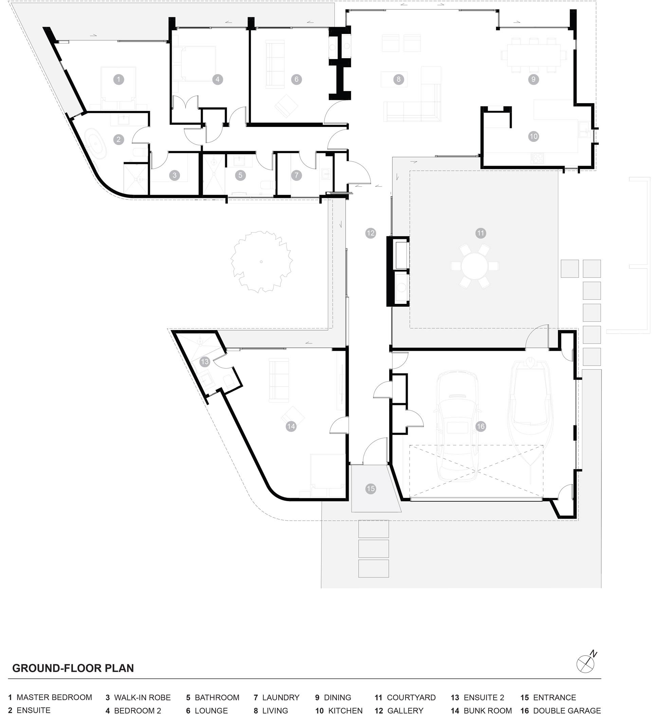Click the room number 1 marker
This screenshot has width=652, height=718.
point(119,79)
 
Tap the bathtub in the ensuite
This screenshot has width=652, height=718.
point(96,144)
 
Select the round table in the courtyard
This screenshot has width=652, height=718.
point(474,265)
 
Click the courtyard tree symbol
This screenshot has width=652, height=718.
point(261,262)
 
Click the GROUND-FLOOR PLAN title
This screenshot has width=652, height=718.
point(73,668)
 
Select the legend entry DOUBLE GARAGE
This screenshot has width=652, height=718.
point(561,711)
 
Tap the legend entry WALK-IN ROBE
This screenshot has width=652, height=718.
point(138,697)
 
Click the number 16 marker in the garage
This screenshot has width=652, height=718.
point(481,426)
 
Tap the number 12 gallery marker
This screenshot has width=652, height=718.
point(370,233)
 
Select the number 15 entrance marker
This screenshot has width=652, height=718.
point(370,489)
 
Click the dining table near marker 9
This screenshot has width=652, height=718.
point(534,55)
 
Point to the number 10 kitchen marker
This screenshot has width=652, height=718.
point(533,136)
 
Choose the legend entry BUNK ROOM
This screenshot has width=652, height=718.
point(481,711)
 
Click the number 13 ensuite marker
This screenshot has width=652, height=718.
point(204,362)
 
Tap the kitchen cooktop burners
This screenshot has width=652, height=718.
point(537,158)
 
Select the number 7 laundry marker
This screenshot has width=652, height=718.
point(296,175)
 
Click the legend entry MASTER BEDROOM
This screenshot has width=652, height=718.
point(50,697)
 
